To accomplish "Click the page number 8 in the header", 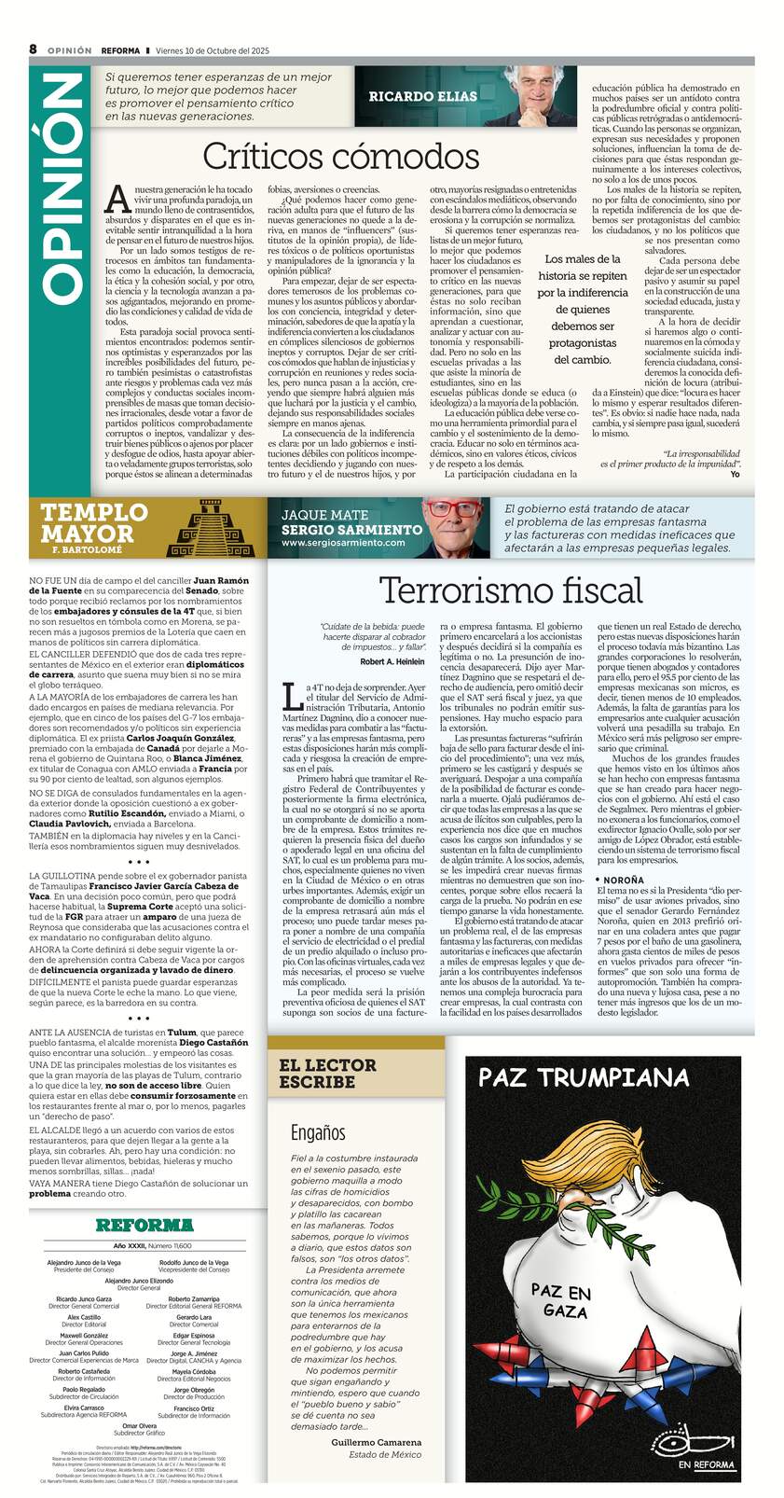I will [33, 49].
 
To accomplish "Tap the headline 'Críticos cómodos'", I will [340, 155].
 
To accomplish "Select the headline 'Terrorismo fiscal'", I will [510, 590].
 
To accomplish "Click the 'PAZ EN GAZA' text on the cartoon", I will [560, 1301].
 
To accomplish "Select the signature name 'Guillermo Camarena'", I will [376, 1441].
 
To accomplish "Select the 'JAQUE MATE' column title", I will [324, 515].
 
